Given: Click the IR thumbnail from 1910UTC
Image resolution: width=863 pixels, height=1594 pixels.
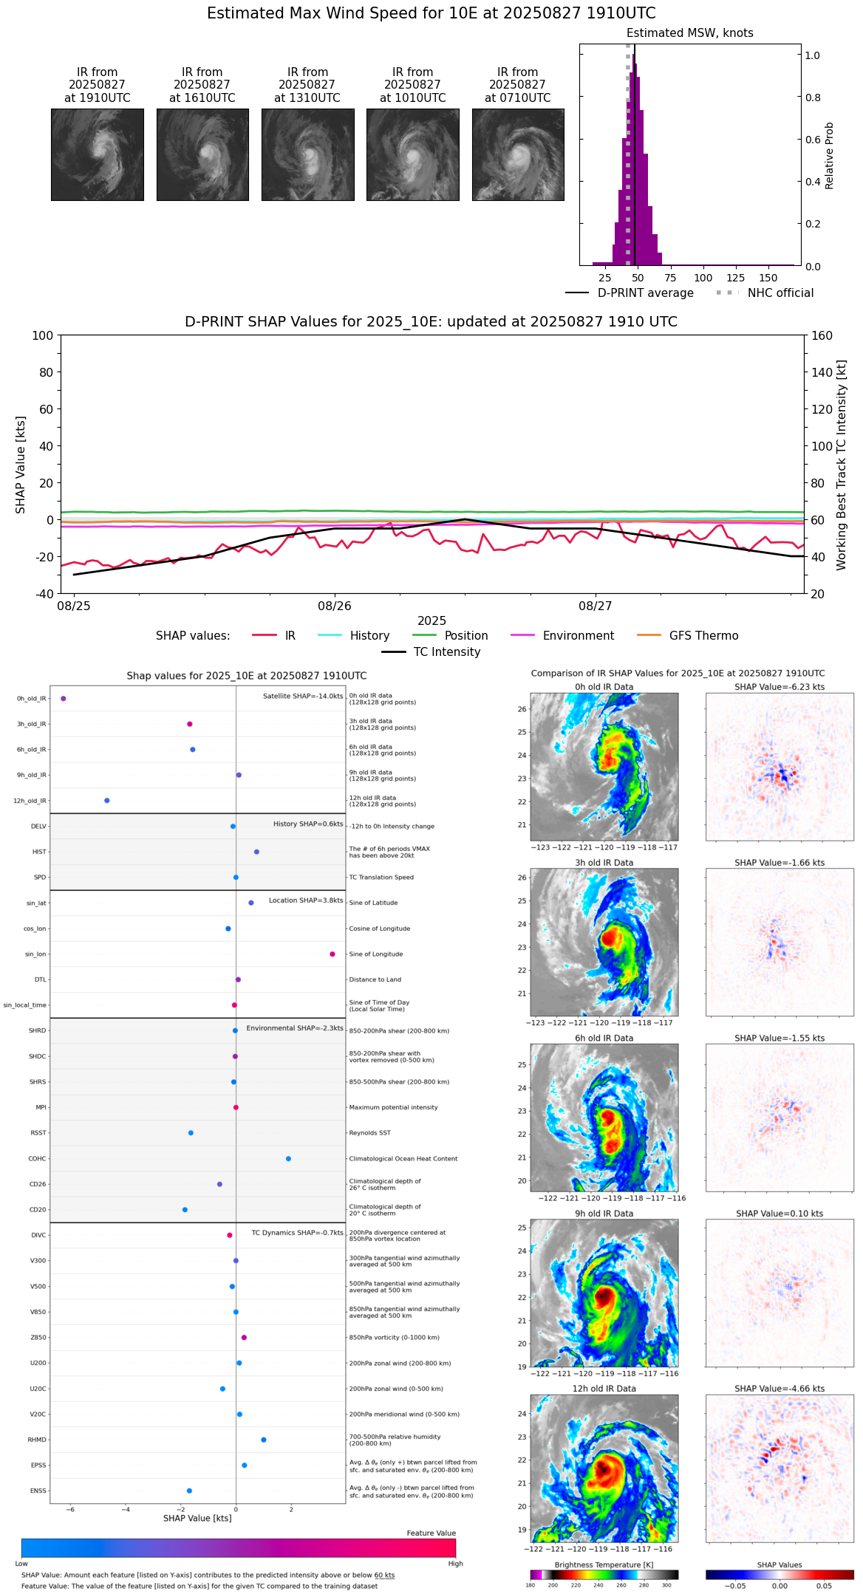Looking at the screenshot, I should [97, 154].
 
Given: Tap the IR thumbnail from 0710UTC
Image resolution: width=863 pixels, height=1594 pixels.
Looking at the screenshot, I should [518, 154].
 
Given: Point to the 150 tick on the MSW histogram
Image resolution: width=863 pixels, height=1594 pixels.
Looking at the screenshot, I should [768, 278].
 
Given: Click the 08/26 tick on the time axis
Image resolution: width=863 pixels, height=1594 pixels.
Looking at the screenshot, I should [335, 606].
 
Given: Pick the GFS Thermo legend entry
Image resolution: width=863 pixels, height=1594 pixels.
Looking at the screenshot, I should [703, 636].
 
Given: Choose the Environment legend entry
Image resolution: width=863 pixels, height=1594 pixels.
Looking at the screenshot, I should [578, 636].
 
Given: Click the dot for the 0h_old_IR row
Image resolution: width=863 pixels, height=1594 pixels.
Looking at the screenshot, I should [64, 699].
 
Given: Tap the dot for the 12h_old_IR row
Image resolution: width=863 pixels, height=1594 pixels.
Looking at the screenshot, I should [107, 801].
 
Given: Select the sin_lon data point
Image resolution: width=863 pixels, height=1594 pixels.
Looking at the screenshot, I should [332, 954].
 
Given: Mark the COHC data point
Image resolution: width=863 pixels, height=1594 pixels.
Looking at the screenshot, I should [288, 1159].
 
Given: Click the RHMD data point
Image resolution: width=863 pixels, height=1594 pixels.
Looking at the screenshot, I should [264, 1440].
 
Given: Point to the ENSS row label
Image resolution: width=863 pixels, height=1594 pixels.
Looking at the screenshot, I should [38, 1491].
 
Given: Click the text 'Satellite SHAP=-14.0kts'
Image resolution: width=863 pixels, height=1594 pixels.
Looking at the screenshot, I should [303, 697].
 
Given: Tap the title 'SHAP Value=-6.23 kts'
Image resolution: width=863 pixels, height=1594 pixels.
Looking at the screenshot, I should [780, 687].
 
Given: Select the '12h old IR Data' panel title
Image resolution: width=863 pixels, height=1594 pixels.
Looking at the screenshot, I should [604, 1389].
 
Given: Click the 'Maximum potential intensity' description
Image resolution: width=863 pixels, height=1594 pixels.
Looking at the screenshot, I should [393, 1107].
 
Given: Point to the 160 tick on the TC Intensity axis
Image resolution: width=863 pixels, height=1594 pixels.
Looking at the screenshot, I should [822, 335].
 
